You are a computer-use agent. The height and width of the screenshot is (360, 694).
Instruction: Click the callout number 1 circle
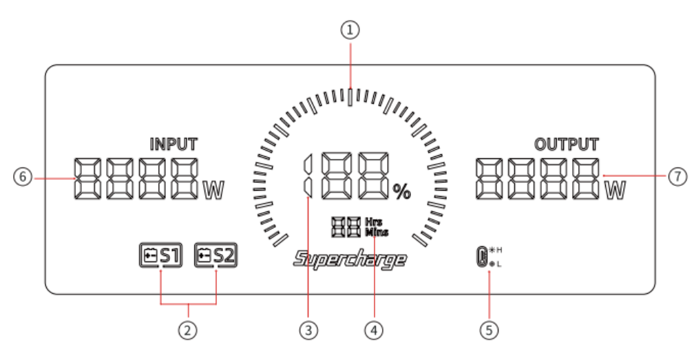pyautogui.click(x=352, y=30)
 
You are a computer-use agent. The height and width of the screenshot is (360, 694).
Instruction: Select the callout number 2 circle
pyautogui.click(x=187, y=330)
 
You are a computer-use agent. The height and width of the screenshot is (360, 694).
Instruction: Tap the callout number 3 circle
pyautogui.click(x=310, y=330)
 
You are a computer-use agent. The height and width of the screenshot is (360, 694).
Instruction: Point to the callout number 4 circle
pyautogui.click(x=375, y=330)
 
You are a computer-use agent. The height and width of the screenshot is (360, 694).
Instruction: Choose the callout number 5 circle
pyautogui.click(x=489, y=330)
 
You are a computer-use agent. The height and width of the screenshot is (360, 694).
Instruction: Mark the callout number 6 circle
pyautogui.click(x=23, y=177)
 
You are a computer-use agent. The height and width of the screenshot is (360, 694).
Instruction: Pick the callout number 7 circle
pyautogui.click(x=677, y=177)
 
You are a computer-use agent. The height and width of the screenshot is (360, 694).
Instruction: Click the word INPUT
pyautogui.click(x=173, y=144)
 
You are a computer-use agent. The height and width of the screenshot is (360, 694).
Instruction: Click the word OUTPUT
pyautogui.click(x=567, y=144)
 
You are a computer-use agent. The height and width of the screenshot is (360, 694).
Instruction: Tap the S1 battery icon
pyautogui.click(x=160, y=256)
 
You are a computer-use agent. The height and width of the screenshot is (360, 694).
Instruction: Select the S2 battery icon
pyautogui.click(x=216, y=256)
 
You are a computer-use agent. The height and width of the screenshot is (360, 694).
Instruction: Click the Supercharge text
pyautogui.click(x=350, y=260)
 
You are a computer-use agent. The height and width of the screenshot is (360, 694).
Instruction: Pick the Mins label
pyautogui.click(x=377, y=232)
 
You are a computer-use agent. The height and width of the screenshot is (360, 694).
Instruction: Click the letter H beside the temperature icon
pyautogui.click(x=500, y=249)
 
